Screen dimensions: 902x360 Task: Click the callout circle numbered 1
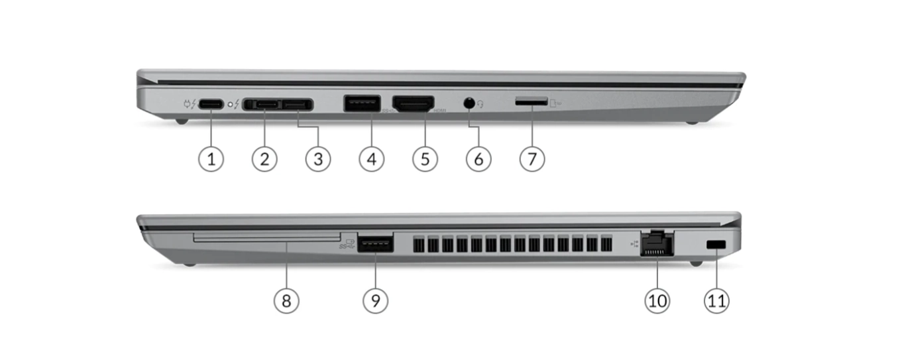(x=211, y=159)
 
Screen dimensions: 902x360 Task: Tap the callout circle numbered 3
(x=318, y=159)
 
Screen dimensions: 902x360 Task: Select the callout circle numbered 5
(x=425, y=159)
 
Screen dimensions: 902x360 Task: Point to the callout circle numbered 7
(x=532, y=159)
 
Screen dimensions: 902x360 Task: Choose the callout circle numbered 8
(x=286, y=301)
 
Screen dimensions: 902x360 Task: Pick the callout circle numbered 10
(x=657, y=301)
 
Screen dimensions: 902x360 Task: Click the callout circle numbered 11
(x=717, y=301)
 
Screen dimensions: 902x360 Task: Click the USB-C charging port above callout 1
(x=211, y=105)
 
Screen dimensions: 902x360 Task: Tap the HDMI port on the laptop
(x=414, y=104)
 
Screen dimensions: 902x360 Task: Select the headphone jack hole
(x=469, y=103)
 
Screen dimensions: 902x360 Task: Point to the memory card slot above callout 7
(x=532, y=102)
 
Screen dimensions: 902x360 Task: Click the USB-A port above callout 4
(x=362, y=103)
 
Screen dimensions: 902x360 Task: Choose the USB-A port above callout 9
(x=375, y=243)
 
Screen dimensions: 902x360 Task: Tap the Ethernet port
(x=656, y=243)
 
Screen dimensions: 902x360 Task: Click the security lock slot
(x=716, y=245)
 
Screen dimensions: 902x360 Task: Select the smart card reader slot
(x=267, y=237)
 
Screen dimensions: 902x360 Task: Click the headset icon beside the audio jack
(x=480, y=104)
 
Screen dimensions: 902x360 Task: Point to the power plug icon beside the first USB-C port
(x=188, y=105)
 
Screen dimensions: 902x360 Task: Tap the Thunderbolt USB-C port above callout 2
(x=264, y=105)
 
